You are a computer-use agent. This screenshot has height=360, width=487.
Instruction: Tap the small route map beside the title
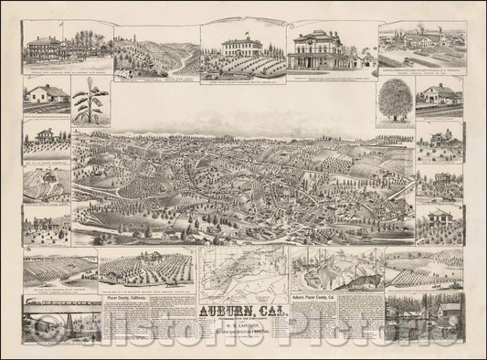point(242,270)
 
